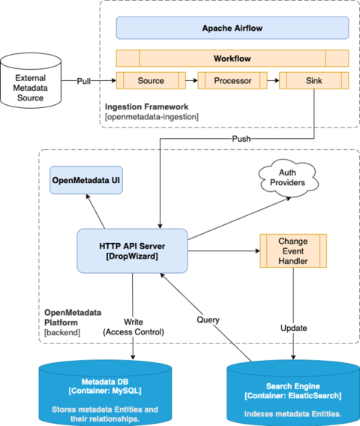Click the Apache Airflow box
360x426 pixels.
[x=232, y=28]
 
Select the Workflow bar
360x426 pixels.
[x=232, y=58]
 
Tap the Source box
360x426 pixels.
[x=151, y=80]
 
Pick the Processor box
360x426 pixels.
[x=232, y=80]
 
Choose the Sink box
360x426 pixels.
[x=313, y=80]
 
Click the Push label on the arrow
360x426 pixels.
[x=240, y=139]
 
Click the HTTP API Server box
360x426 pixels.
[x=132, y=250]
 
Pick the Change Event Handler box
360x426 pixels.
[x=292, y=251]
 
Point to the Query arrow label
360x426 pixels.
[x=208, y=319]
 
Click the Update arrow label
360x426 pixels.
[x=293, y=328]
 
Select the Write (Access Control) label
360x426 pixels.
[x=133, y=327]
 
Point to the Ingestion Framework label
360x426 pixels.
[x=146, y=106]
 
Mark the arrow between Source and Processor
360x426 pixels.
[x=191, y=80]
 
